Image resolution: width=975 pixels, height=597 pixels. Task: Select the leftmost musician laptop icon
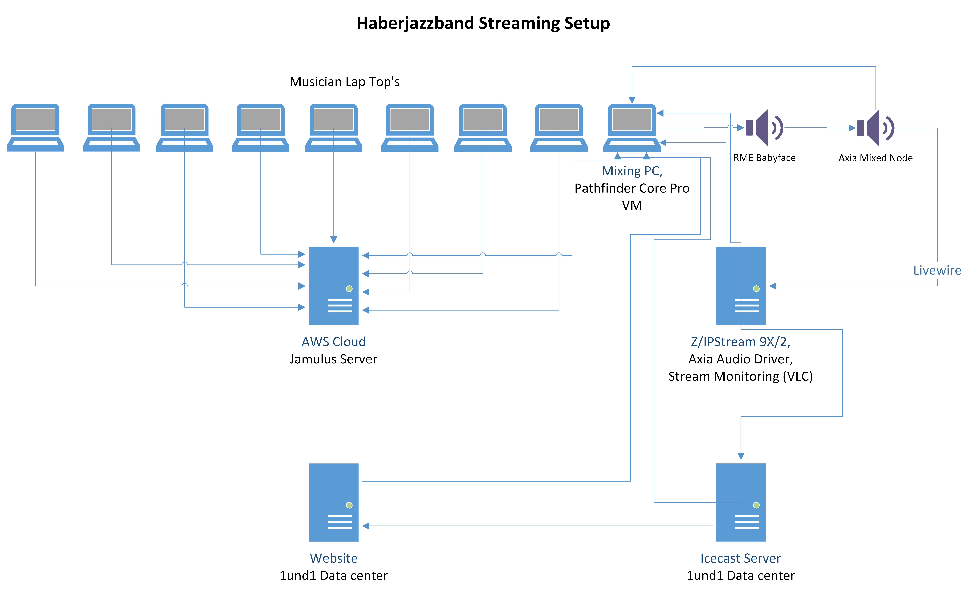[x=35, y=127]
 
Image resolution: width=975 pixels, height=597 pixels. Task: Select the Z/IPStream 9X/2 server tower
[x=740, y=286]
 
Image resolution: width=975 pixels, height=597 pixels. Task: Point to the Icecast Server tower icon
[x=740, y=502]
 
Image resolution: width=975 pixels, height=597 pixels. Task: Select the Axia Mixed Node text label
[x=875, y=158]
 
